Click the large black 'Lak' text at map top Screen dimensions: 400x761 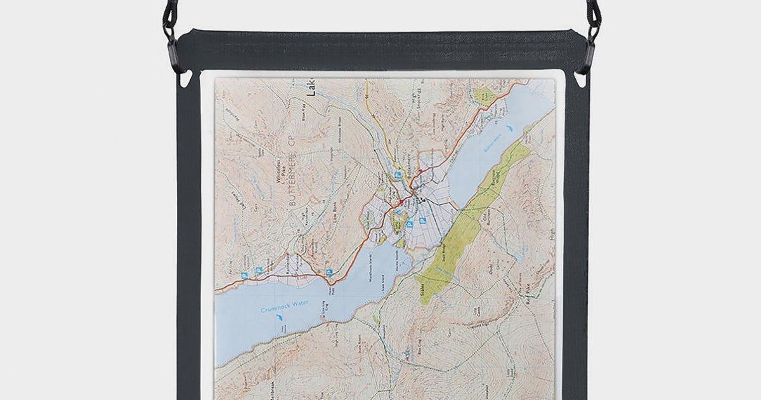[x=311, y=88]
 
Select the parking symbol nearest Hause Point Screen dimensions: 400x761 [x=328, y=272]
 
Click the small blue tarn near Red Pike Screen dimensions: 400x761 [x=519, y=257]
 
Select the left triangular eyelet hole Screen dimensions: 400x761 [x=186, y=80]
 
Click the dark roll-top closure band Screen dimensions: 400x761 [x=380, y=50]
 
